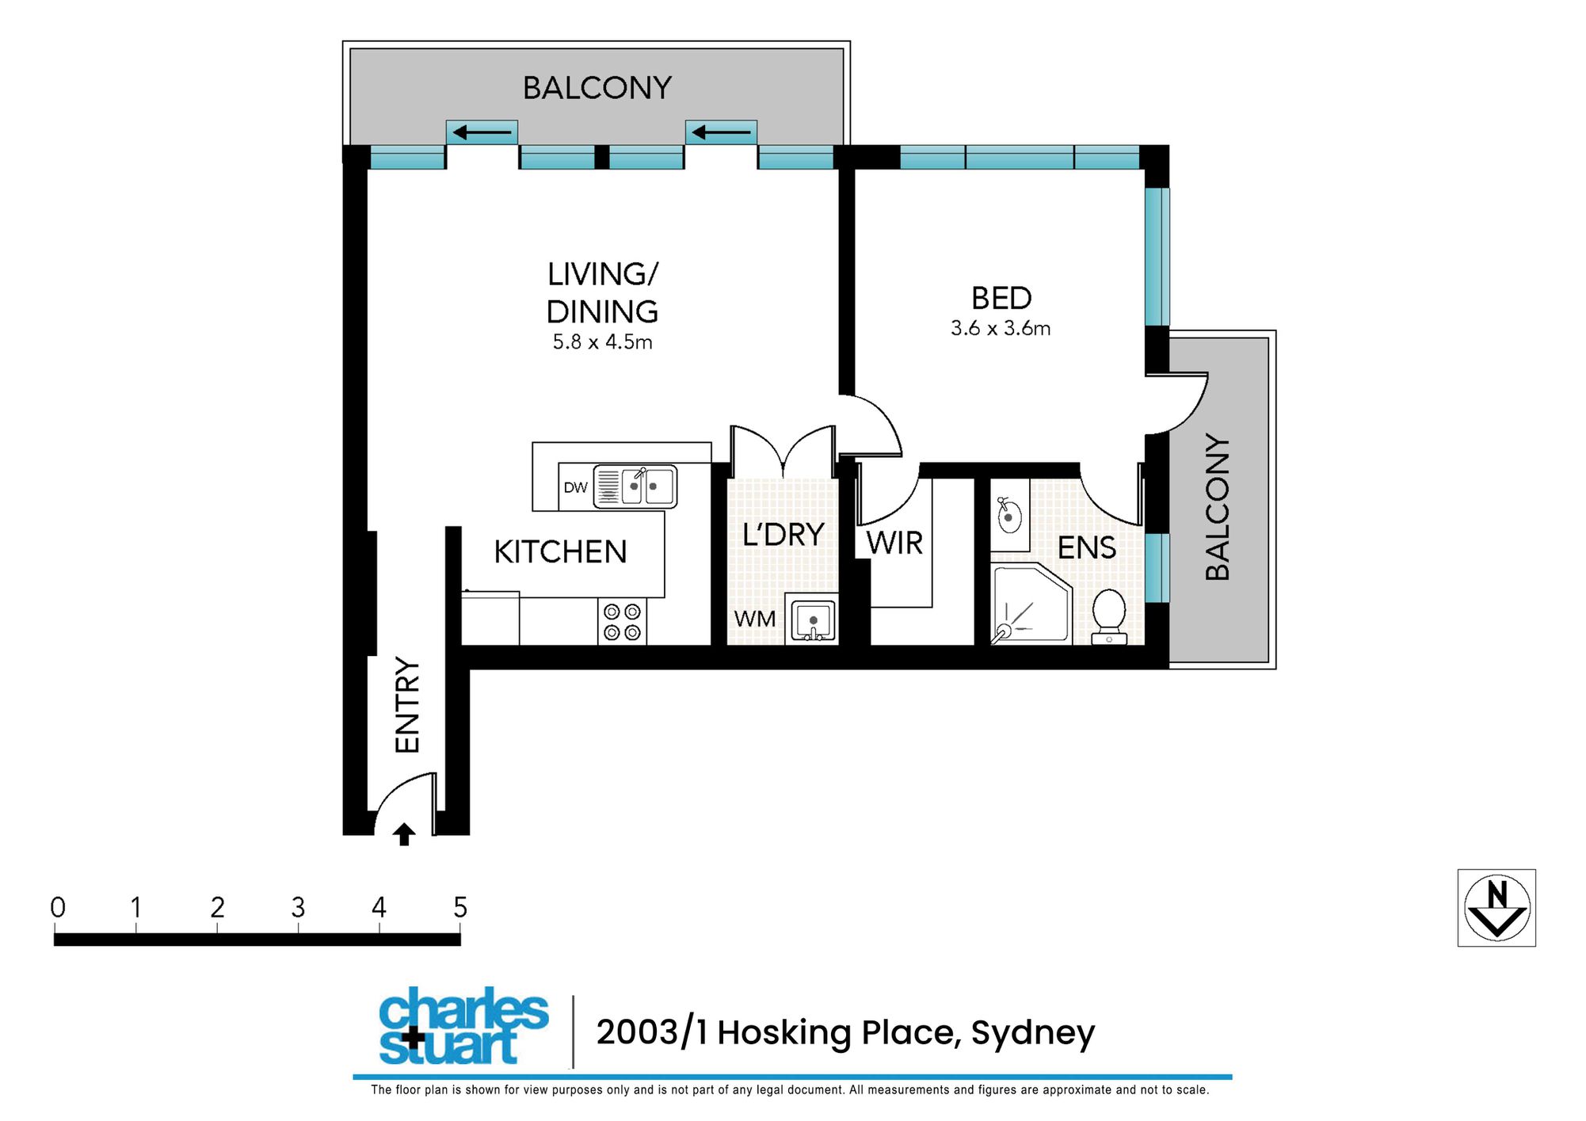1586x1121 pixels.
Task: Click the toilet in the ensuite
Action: coord(1109,616)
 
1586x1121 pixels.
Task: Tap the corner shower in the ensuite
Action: coord(1031,604)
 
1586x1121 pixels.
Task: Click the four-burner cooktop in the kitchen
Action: coord(622,622)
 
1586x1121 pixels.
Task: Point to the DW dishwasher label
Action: coord(576,487)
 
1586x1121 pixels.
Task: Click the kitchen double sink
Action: coord(635,486)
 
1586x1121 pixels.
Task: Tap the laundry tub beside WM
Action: coord(812,618)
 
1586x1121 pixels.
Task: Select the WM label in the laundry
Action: coord(754,619)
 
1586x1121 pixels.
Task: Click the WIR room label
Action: coord(894,543)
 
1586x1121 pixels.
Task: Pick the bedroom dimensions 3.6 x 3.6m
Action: coord(1001,328)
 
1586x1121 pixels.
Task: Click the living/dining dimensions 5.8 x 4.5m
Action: coord(602,342)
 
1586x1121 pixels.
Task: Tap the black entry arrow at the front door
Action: coord(404,834)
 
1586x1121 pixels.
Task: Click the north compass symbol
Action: coord(1496,908)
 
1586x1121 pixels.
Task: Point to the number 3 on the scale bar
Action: coord(298,907)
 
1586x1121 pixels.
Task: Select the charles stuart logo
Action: coord(463,1026)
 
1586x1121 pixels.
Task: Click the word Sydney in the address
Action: coord(1033,1033)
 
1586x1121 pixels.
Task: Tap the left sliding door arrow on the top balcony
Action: coord(482,132)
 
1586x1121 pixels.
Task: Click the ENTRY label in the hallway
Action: coord(407,704)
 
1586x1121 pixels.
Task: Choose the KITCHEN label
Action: coord(560,551)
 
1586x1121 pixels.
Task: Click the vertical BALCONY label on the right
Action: coord(1218,507)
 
